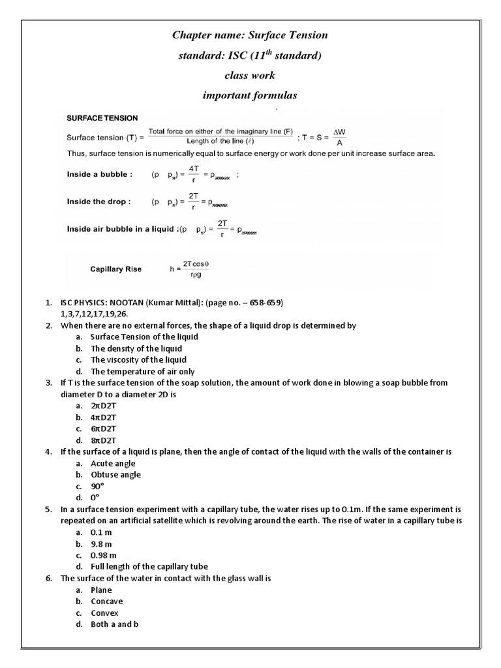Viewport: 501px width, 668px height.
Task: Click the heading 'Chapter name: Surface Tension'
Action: [250, 35]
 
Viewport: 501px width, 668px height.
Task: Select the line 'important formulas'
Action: [250, 95]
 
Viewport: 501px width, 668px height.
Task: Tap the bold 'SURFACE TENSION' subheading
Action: [102, 118]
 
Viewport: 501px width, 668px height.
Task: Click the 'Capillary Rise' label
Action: [115, 269]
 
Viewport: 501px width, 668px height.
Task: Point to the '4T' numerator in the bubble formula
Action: [194, 168]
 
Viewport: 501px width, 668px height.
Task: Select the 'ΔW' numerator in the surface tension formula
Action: [340, 132]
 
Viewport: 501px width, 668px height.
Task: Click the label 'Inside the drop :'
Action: [99, 202]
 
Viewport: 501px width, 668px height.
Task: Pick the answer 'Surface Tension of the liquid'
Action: [144, 337]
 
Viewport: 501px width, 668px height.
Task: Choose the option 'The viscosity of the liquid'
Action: [138, 359]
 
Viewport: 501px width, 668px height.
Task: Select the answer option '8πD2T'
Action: [104, 440]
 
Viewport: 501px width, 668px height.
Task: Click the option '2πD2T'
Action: [104, 405]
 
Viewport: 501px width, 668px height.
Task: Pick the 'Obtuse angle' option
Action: [115, 475]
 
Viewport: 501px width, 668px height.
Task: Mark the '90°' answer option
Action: [98, 487]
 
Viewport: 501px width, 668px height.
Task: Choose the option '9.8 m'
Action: [102, 543]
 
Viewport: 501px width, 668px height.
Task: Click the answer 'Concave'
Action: [107, 601]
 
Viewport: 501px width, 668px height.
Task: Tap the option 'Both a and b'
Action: [115, 624]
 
